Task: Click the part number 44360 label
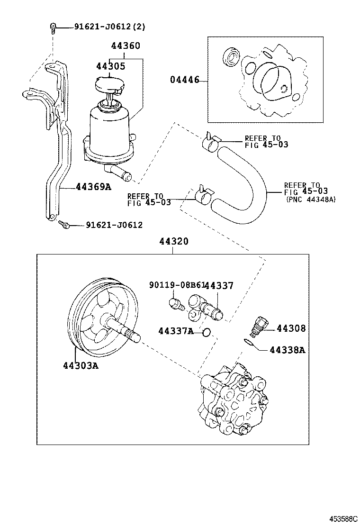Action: point(126,46)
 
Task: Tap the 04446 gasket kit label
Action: point(184,80)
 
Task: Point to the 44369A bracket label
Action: point(93,187)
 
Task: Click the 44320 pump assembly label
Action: point(173,241)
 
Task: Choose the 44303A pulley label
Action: point(80,366)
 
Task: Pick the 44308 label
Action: point(291,328)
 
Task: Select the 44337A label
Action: point(176,331)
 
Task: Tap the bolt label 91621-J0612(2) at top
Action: point(109,27)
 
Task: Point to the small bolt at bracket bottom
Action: point(63,224)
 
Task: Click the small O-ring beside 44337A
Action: point(206,332)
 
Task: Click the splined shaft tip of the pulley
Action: point(135,336)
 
